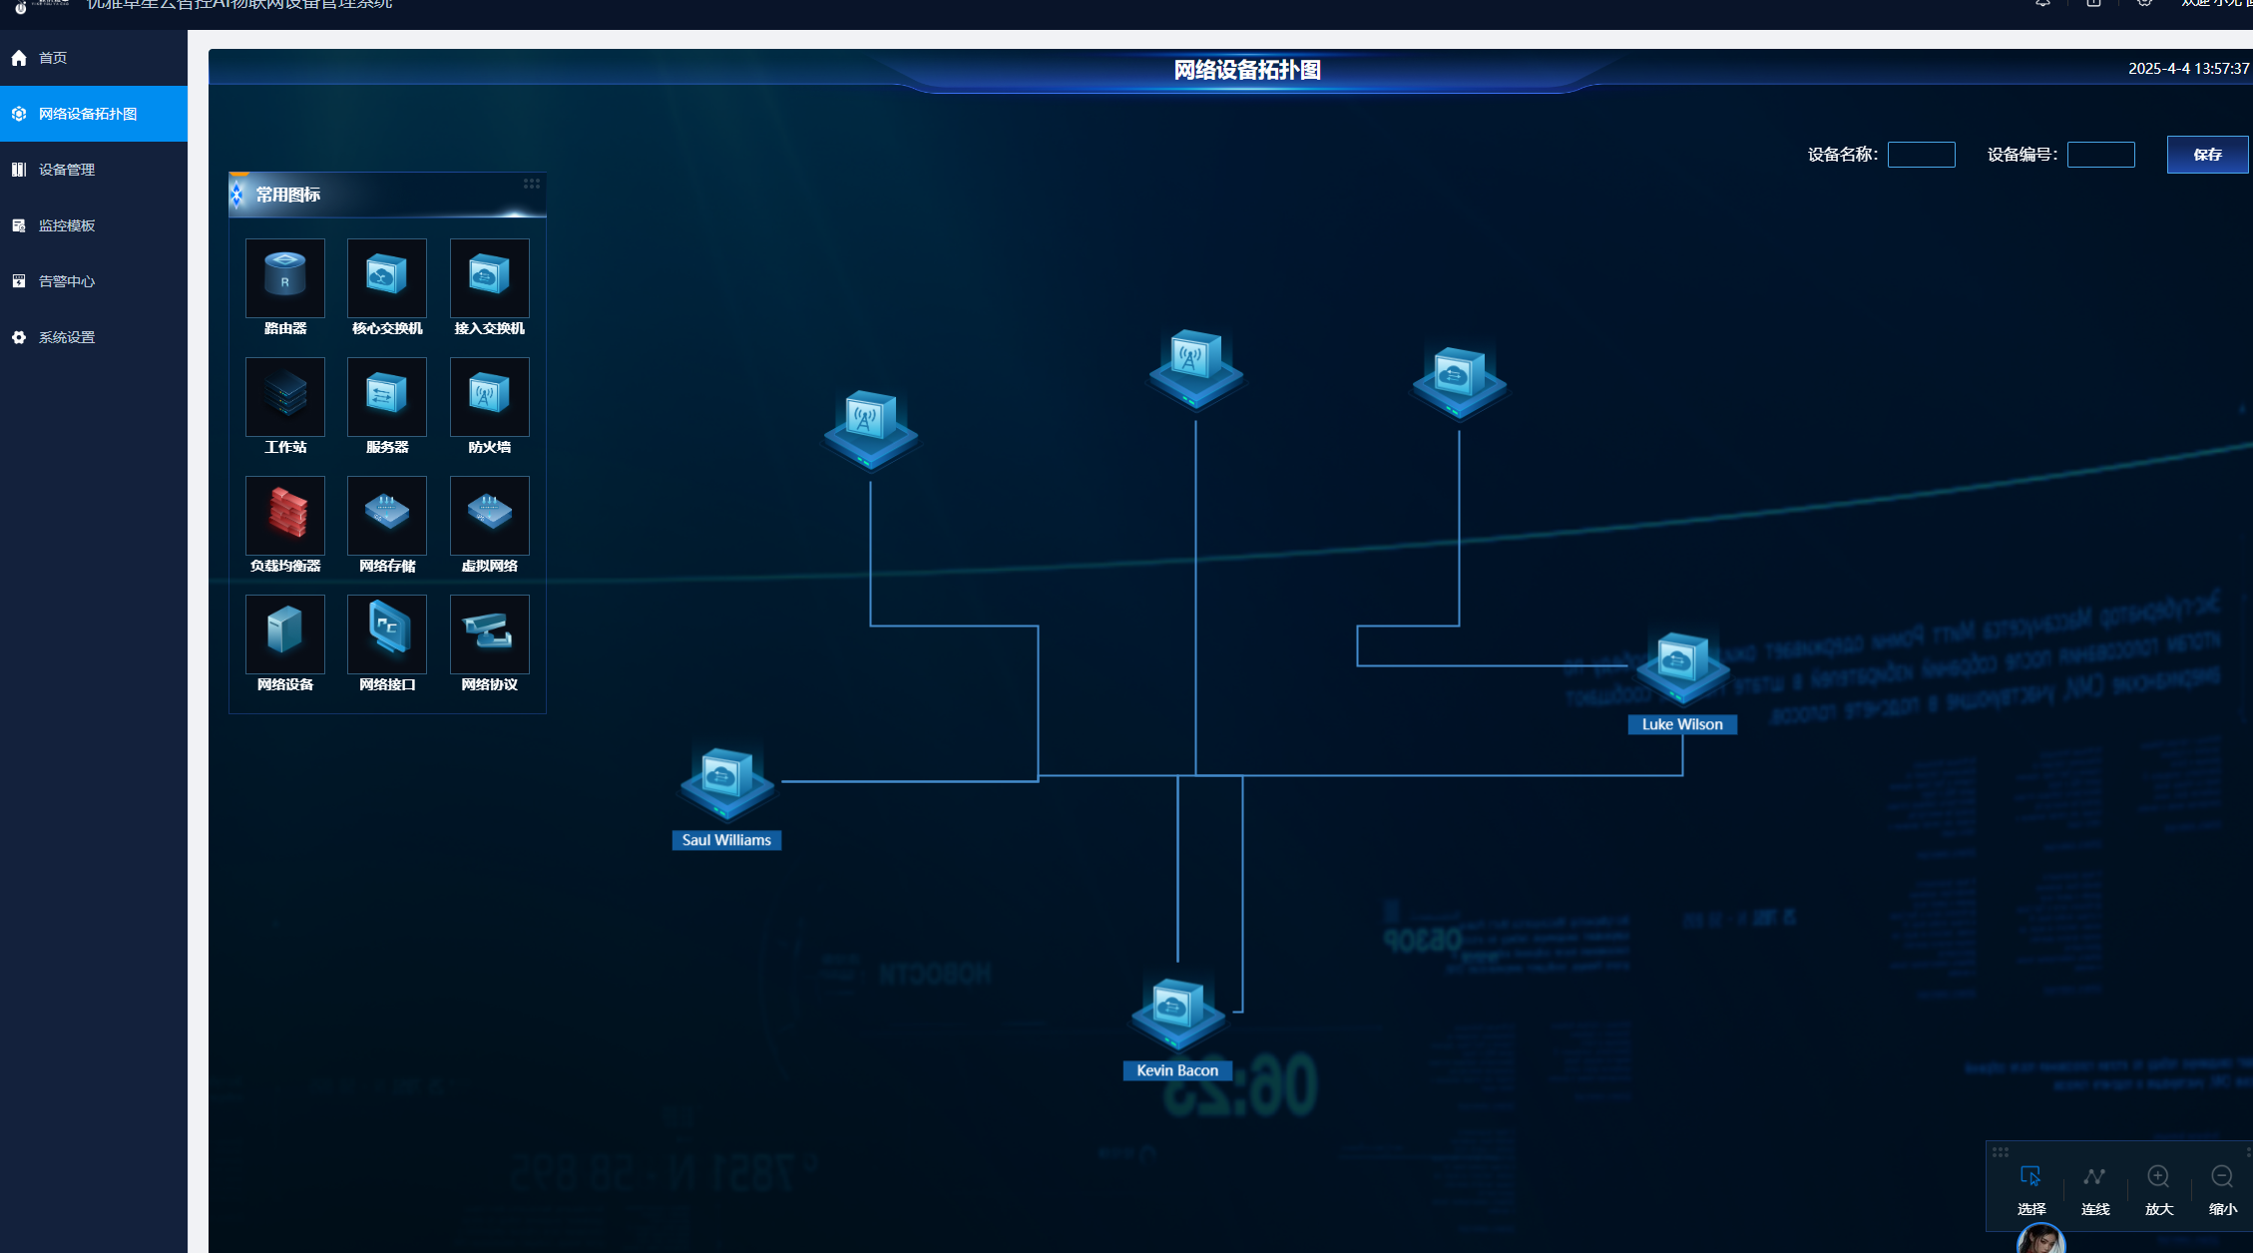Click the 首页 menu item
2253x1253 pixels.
tap(53, 58)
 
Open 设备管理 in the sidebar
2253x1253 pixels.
tap(66, 170)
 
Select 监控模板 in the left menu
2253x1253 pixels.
tap(66, 225)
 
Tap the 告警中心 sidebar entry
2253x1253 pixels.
tap(66, 281)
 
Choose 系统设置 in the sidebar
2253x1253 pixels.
tap(66, 337)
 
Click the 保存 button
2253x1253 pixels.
tap(2206, 155)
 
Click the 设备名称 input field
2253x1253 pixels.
tap(1921, 155)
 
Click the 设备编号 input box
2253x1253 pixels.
tap(2100, 155)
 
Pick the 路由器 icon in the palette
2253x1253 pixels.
tap(285, 277)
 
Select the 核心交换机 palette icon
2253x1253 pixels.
tap(387, 277)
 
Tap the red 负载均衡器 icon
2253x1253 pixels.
tap(285, 515)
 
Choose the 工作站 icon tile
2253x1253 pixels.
tap(285, 396)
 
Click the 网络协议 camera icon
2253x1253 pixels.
tap(489, 633)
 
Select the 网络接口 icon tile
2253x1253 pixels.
tap(387, 633)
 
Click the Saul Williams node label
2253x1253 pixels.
tap(726, 840)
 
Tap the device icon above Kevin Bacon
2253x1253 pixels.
tap(1177, 1010)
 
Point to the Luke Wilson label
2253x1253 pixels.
tap(1682, 724)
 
